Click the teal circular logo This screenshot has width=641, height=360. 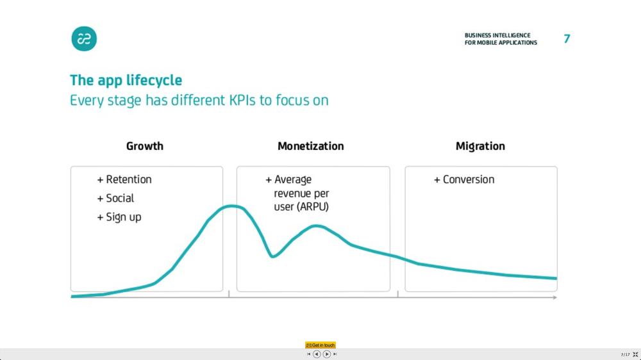[84, 39]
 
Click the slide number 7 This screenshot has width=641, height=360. [567, 39]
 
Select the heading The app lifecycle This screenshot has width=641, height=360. [126, 80]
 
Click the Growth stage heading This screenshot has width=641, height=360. [145, 146]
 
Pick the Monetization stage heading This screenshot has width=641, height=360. [311, 146]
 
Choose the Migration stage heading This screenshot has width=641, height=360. [480, 146]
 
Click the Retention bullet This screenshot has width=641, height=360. [124, 179]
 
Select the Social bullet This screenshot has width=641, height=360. [115, 198]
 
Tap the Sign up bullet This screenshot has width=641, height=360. [119, 217]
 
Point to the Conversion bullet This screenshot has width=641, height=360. [464, 179]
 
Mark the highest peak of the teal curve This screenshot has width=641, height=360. [232, 206]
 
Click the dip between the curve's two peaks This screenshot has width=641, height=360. [272, 256]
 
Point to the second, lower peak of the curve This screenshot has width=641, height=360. [316, 226]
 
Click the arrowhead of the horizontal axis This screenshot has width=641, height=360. [554, 297]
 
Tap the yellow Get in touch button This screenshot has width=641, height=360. [320, 345]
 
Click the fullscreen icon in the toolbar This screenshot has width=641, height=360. [635, 354]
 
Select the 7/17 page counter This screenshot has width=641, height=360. [625, 355]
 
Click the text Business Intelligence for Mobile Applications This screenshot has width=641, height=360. [501, 39]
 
